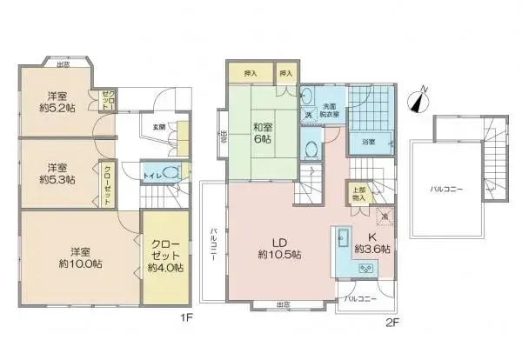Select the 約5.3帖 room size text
57,180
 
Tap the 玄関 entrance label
159,127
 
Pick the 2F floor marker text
392,321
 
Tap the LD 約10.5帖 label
279,248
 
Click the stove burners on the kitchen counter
364,270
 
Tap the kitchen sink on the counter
341,237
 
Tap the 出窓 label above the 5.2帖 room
64,63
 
